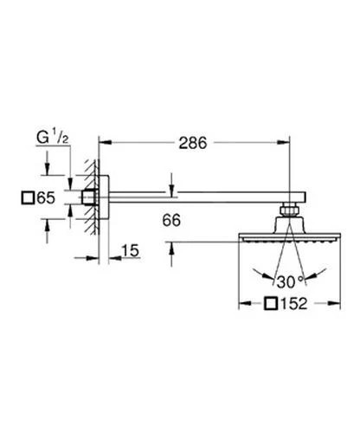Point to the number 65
[48, 197]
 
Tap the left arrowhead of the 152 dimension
[241, 305]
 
